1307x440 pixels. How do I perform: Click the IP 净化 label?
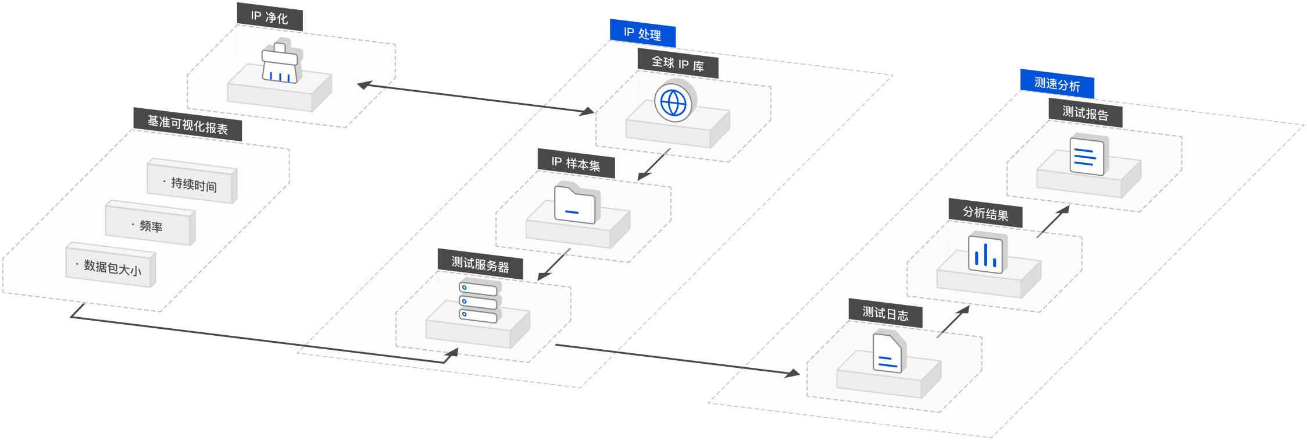269,17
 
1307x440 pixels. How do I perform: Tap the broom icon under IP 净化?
280,63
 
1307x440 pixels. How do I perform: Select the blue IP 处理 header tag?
642,34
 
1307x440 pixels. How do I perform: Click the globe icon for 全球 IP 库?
673,102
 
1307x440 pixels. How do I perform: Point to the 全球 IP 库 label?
677,63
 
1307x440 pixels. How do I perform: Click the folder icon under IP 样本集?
575,203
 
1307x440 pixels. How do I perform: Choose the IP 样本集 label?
576,164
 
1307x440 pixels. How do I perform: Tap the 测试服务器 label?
480,265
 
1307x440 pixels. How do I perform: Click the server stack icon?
479,301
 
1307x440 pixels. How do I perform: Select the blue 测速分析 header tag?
1057,84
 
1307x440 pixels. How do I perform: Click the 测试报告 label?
1085,113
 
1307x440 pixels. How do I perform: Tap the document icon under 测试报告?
1087,156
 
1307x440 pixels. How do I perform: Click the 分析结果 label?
985,213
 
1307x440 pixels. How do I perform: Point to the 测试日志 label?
885,314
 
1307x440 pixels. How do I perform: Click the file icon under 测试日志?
888,353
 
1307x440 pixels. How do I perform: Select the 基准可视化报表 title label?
187,125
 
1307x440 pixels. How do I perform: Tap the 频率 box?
149,225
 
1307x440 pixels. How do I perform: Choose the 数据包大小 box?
110,267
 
